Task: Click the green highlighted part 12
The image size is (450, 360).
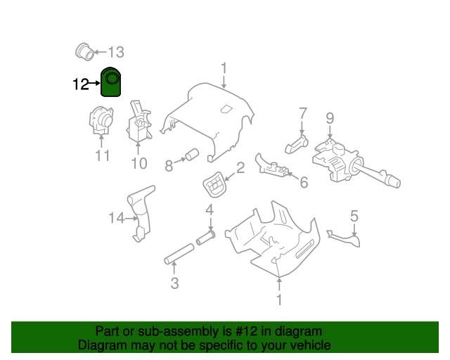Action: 111,82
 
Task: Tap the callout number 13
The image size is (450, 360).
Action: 115,51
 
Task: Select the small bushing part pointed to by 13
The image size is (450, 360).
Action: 86,50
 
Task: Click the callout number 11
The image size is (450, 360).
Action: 103,155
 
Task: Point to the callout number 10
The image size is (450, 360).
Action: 139,164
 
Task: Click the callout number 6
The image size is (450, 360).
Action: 304,182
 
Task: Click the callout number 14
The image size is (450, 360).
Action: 116,219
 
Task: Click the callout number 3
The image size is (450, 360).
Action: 174,283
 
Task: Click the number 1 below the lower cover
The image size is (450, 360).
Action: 279,300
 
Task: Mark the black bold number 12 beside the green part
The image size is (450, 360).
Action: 81,84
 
